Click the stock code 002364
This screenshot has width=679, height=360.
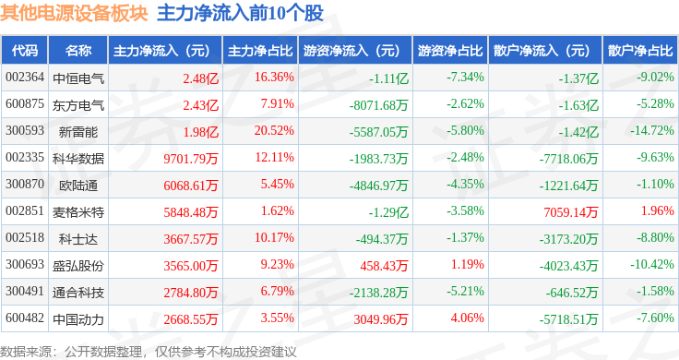point(25,78)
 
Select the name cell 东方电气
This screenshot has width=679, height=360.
point(78,105)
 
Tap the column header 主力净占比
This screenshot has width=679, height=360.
point(260,51)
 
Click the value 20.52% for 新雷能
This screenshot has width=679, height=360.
point(274,131)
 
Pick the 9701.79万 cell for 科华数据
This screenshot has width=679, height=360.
point(191,159)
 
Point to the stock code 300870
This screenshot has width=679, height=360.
point(25,184)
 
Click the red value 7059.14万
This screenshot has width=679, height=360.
point(571,211)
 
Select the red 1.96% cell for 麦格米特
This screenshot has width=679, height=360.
point(658,211)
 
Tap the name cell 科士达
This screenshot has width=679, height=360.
point(78,239)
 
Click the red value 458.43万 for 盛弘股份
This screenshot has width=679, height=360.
point(384,266)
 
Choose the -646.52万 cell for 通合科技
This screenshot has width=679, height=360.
point(572,293)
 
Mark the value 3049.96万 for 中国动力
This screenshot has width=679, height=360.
point(381,319)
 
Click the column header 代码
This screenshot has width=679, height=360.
point(25,51)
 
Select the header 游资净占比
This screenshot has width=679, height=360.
point(450,51)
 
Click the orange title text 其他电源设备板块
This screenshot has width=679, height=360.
point(74,13)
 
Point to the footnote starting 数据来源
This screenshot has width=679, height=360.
point(149,352)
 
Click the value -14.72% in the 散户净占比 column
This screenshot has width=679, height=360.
point(652,131)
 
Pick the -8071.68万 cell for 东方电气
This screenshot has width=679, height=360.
point(379,105)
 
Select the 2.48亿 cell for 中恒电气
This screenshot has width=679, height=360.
point(201,78)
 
